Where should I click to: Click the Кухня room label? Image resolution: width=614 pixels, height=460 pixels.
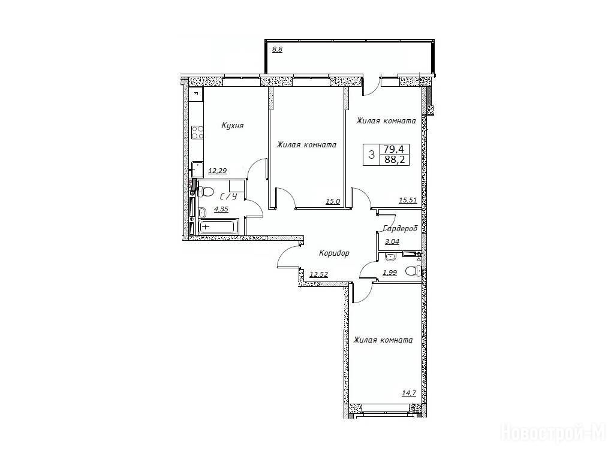[x=232, y=126]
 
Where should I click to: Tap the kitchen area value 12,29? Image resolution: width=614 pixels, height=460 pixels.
[x=217, y=171]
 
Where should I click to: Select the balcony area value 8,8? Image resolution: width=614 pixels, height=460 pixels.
[x=277, y=49]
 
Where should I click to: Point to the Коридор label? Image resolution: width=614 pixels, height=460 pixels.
[x=334, y=253]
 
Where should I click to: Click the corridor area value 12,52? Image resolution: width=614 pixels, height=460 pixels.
[x=318, y=274]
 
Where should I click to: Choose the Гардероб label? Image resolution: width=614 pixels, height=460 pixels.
[x=400, y=228]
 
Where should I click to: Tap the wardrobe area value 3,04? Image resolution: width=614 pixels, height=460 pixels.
[x=392, y=241]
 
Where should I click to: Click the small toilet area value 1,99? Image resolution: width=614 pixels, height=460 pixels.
[x=390, y=273]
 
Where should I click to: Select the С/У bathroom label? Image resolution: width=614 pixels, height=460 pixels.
[x=228, y=196]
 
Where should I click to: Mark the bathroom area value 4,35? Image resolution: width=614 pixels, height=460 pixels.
[x=221, y=209]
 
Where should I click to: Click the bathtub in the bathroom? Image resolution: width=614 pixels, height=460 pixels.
[x=217, y=227]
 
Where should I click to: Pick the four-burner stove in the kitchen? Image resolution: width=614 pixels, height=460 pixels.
[x=197, y=132]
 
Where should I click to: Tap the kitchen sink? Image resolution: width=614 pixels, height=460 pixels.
[x=197, y=170]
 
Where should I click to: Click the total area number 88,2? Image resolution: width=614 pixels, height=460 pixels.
[x=395, y=159]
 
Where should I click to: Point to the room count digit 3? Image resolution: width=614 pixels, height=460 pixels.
[x=372, y=155]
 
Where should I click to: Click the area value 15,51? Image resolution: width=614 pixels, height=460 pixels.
[x=408, y=200]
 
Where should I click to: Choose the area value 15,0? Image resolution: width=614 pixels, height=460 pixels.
[x=333, y=201]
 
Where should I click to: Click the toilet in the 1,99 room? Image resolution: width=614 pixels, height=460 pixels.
[x=413, y=271]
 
